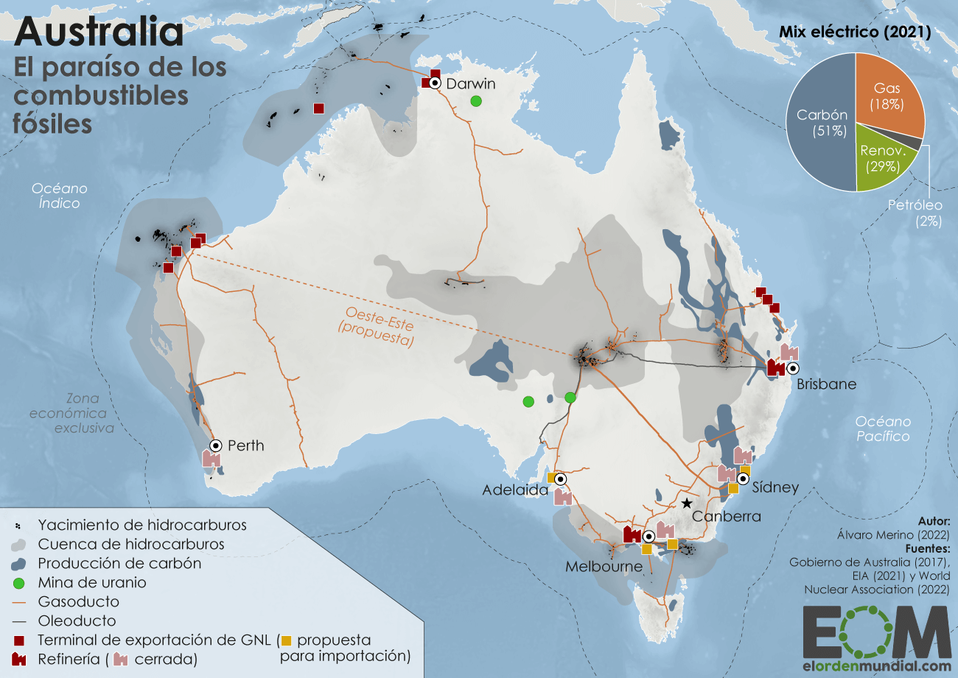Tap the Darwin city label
pyautogui.click(x=471, y=83)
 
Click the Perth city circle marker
pyautogui.click(x=216, y=445)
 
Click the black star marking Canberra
pyautogui.click(x=686, y=503)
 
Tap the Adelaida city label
pyautogui.click(x=515, y=489)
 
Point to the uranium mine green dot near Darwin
pyautogui.click(x=477, y=101)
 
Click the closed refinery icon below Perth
pyautogui.click(x=211, y=459)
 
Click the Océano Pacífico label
pyautogui.click(x=883, y=428)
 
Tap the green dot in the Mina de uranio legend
pyautogui.click(x=17, y=582)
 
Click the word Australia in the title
pyautogui.click(x=99, y=32)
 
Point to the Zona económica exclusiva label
pyautogui.click(x=71, y=413)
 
